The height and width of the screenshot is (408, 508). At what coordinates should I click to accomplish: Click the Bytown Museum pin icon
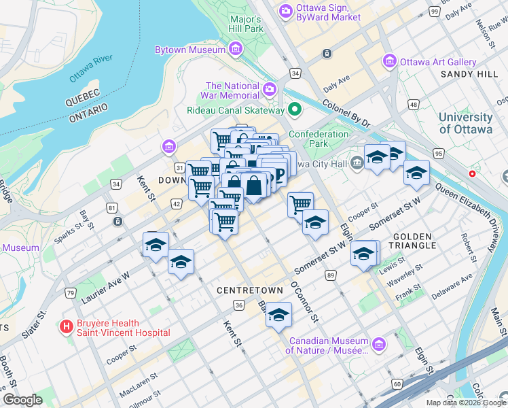[236, 50]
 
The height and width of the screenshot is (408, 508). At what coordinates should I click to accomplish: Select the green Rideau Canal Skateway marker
[295, 109]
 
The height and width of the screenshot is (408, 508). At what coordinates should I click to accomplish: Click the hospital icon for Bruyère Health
[67, 328]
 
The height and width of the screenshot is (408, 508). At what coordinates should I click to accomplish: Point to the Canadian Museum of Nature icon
[379, 345]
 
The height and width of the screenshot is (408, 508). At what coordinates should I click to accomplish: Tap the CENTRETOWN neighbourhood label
[249, 290]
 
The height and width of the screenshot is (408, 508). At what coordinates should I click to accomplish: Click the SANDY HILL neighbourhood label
[469, 73]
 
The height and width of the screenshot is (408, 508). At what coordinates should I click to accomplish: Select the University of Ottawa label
[466, 124]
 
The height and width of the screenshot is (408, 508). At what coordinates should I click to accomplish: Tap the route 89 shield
[331, 275]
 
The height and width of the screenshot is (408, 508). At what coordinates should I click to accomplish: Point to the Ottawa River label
[90, 69]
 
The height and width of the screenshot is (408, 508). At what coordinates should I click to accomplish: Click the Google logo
[22, 399]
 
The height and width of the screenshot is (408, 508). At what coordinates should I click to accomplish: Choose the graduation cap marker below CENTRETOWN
[278, 315]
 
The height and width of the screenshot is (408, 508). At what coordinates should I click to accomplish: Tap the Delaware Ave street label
[452, 284]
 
